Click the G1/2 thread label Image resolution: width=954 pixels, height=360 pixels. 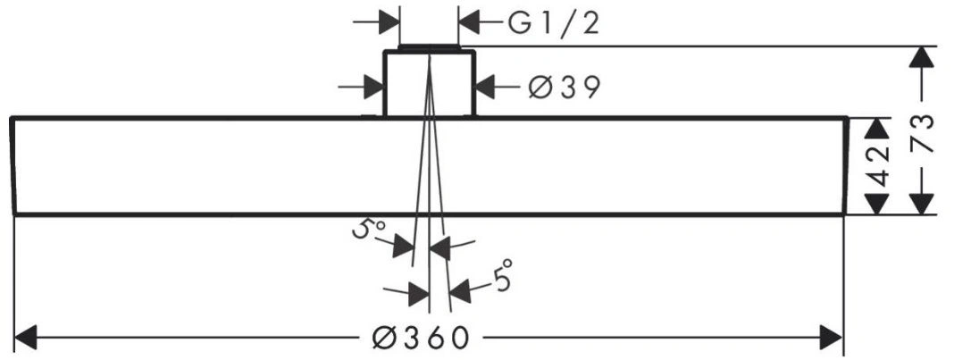554,24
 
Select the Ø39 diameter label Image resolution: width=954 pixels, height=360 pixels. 564,88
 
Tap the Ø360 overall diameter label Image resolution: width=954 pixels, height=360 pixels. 421,337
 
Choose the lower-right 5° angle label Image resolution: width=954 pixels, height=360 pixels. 503,276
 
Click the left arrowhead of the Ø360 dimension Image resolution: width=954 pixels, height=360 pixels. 26,337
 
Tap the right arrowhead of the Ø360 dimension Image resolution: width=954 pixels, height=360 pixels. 831,337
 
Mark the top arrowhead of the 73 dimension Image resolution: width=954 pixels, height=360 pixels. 923,57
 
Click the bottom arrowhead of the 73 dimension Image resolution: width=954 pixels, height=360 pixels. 923,203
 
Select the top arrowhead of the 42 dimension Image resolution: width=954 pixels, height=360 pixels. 876,129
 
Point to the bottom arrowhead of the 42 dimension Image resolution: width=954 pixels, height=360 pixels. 876,203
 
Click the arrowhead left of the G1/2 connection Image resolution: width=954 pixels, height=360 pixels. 389,22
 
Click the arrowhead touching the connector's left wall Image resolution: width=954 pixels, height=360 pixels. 373,88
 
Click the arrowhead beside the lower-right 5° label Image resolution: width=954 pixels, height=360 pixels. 460,290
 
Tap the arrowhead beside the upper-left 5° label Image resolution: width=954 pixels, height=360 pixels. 404,247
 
